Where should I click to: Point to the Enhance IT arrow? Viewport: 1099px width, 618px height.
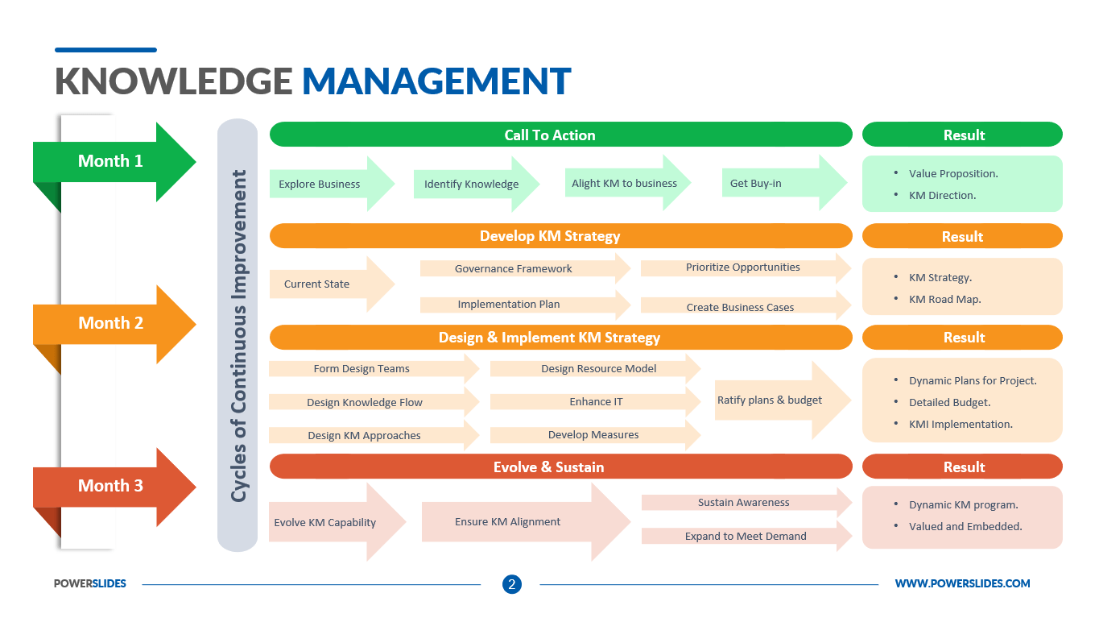(x=595, y=401)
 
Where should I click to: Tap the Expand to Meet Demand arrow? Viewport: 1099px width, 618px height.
(x=746, y=536)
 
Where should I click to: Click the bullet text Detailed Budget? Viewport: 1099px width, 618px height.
(x=949, y=402)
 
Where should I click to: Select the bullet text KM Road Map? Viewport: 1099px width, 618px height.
(x=944, y=299)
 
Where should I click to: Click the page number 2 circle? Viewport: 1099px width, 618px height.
(x=512, y=584)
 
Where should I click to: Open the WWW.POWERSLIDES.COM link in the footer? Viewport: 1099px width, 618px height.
(x=962, y=583)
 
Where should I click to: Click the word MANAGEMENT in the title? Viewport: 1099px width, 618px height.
(x=436, y=81)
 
